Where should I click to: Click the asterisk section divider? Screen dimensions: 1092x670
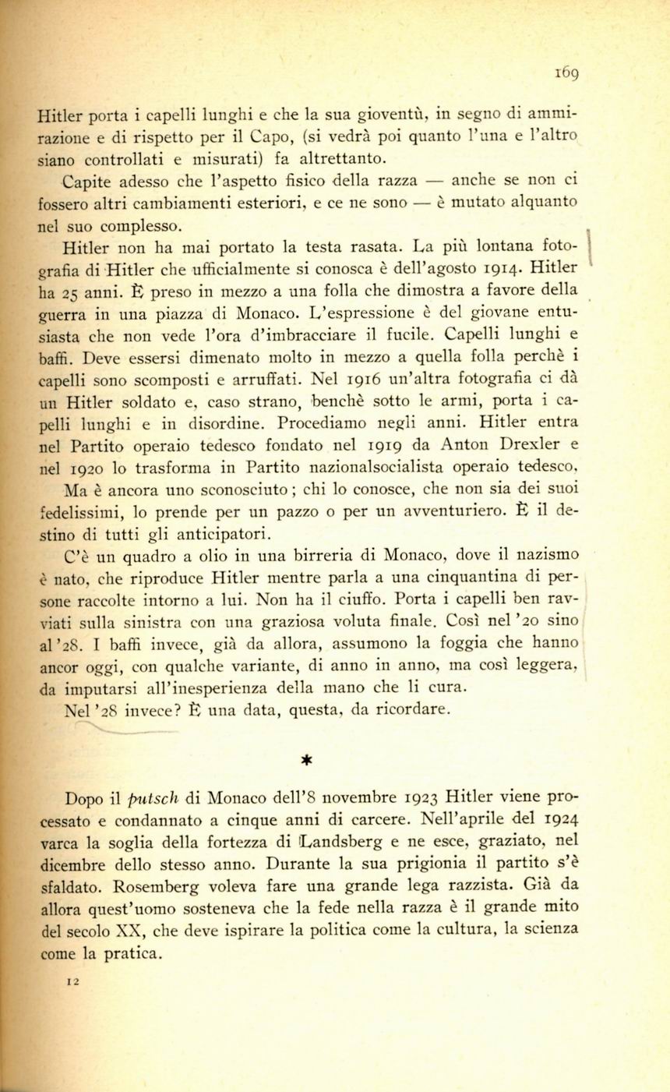[x=307, y=758]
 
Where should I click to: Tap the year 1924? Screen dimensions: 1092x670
[x=558, y=819]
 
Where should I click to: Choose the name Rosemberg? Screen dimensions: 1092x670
[x=168, y=885]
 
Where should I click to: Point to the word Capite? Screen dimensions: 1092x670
[x=87, y=181]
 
